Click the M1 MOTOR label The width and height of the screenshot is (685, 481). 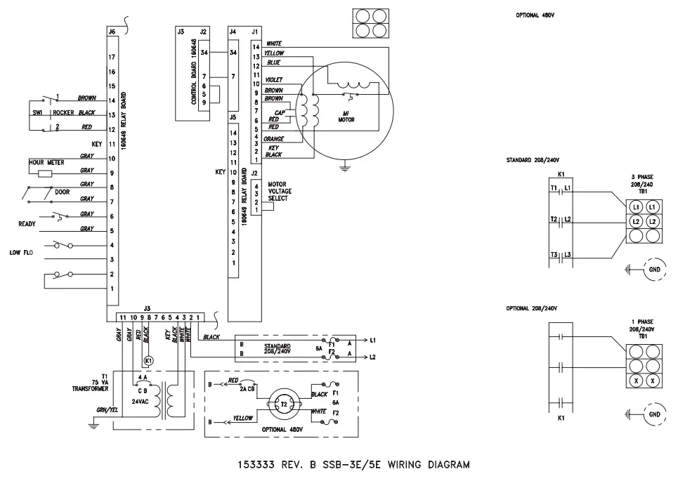pos(346,117)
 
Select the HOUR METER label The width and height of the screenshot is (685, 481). pos(46,162)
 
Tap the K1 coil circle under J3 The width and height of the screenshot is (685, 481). pos(148,361)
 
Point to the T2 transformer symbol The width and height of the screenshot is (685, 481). pos(285,405)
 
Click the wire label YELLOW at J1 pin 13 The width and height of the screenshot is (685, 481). pos(274,53)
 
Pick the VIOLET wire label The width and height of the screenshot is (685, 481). pos(274,80)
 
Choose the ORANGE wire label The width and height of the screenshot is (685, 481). pos(273,139)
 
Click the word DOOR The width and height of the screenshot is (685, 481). pos(62,191)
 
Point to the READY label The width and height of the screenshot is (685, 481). pos(27,224)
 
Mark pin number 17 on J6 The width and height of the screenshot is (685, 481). pos(112,57)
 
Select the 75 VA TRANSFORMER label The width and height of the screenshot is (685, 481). pos(89,382)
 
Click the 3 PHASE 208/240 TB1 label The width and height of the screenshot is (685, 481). pos(643,184)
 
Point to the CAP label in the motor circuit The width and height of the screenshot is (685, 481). pos(279,112)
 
